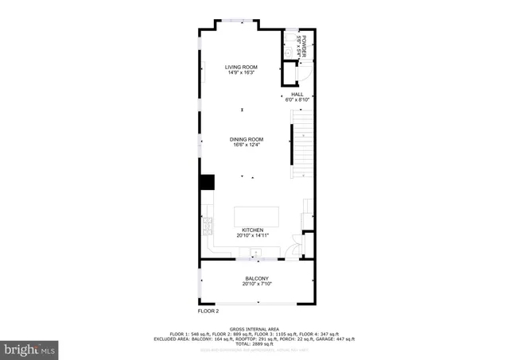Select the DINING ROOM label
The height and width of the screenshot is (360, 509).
(247, 139)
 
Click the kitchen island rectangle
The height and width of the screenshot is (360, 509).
(257, 217)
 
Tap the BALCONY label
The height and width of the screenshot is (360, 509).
(257, 279)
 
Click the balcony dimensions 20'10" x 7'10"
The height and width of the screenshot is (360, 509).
(257, 285)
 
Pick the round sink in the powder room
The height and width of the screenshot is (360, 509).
(288, 52)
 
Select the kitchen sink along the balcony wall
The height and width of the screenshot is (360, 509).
(256, 254)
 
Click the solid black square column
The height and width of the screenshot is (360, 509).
(207, 182)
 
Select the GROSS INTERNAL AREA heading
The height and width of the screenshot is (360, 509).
(254, 328)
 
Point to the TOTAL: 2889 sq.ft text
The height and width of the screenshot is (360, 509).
(254, 343)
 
